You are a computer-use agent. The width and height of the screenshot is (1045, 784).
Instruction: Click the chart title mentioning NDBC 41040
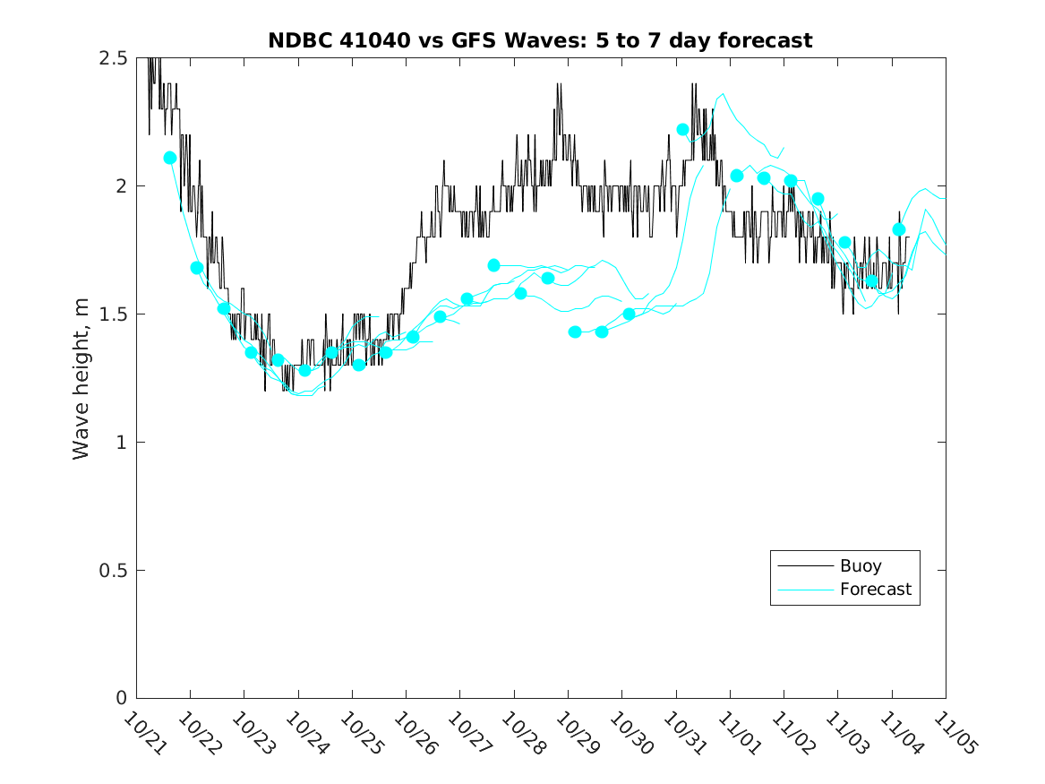(x=540, y=40)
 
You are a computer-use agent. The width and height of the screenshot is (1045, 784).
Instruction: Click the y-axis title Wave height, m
(x=81, y=378)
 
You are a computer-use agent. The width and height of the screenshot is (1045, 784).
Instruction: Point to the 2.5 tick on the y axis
(x=114, y=58)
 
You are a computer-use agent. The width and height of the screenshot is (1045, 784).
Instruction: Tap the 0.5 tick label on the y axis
(x=114, y=571)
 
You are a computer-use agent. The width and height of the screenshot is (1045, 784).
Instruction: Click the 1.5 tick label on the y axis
(x=114, y=314)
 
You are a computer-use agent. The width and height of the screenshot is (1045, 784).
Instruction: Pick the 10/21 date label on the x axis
(x=143, y=732)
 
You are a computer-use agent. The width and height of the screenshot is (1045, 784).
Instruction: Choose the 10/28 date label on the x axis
(x=520, y=732)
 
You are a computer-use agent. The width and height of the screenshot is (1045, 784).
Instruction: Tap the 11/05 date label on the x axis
(x=952, y=732)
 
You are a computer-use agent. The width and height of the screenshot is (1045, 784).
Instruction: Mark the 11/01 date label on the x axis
(x=736, y=732)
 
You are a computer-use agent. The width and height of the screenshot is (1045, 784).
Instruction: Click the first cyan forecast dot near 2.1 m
(x=170, y=158)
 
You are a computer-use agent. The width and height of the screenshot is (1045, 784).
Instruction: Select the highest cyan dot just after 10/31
(x=682, y=129)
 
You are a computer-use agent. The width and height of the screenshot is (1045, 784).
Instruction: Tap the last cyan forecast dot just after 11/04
(x=899, y=229)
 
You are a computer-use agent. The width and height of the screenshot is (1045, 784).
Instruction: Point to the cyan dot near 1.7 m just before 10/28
(x=493, y=265)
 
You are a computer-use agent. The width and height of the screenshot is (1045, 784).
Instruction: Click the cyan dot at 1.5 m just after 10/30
(x=629, y=314)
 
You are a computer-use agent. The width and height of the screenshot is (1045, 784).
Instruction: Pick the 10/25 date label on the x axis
(x=359, y=732)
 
